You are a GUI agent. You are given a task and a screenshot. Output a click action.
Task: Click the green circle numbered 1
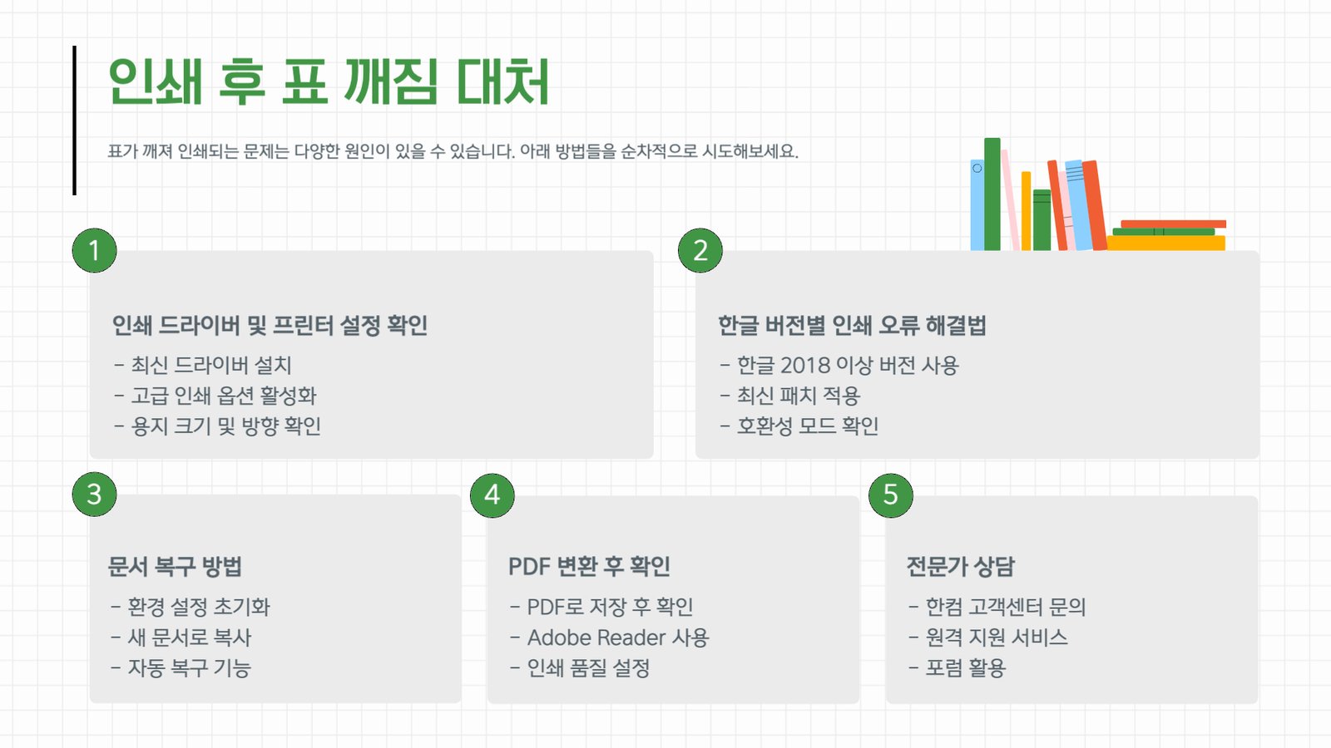pos(95,250)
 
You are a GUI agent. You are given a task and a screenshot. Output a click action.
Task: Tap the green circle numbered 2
pos(700,250)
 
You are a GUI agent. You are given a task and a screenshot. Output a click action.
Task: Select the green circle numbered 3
pos(95,495)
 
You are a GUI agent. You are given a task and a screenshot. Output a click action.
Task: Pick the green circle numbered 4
pos(492,495)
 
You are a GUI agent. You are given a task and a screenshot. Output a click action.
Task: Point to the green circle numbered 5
pos(891,495)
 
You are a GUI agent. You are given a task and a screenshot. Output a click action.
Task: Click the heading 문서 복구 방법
pos(175,566)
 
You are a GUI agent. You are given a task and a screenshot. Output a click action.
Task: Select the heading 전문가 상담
pos(960,566)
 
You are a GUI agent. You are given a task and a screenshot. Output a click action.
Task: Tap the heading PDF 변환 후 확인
pos(590,566)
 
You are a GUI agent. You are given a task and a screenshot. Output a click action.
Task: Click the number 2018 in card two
pos(804,366)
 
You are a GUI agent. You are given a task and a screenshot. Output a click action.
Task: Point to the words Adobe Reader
pos(596,637)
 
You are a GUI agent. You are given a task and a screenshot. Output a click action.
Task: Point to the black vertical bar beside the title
pos(74,120)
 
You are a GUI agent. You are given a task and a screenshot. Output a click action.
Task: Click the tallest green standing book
pos(992,194)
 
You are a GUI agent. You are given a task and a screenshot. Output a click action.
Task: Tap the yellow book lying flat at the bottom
pos(1165,243)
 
